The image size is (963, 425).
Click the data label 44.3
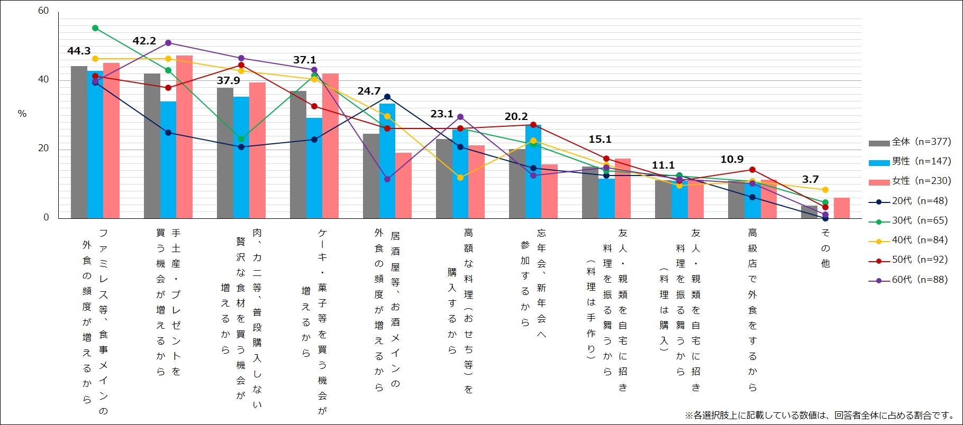coord(79,51)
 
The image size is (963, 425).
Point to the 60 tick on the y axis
coord(43,11)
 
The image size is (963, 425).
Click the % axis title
coord(22,114)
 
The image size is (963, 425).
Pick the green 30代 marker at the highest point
coord(95,28)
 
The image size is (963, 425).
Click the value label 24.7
coord(369,91)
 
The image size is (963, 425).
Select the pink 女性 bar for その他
coord(841,208)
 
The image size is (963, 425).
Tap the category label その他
coord(825,248)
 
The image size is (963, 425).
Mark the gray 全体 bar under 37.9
coord(225,153)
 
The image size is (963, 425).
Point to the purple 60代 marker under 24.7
coord(387,179)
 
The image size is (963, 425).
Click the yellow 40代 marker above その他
coord(825,190)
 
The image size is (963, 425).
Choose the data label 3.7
coord(810,179)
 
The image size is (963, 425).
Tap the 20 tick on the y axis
coord(43,148)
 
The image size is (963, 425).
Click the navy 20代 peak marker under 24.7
coord(387,97)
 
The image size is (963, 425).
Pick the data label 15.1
coord(600,139)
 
